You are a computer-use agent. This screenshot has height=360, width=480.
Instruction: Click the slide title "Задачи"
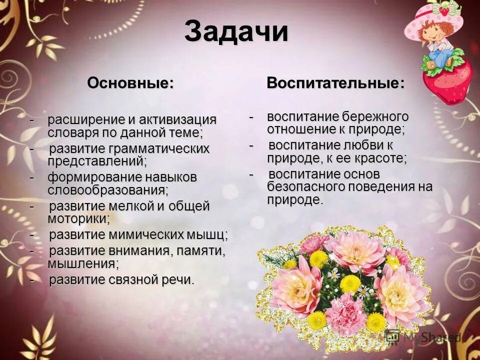pos(236,32)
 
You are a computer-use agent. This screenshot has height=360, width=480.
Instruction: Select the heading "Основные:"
pos(130,82)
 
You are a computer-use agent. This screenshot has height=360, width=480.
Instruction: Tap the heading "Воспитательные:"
pos(335,82)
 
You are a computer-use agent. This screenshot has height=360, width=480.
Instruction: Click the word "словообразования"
pos(107,190)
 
